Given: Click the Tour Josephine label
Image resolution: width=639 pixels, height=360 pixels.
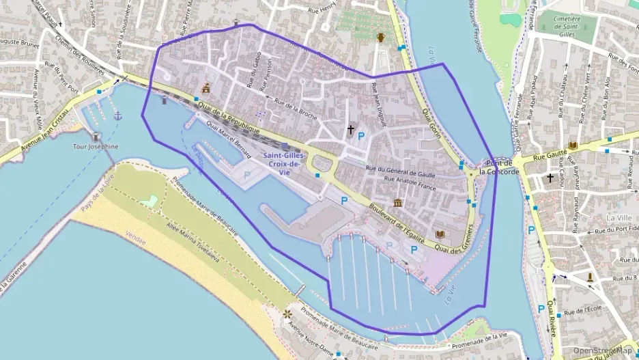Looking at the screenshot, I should coord(96,146).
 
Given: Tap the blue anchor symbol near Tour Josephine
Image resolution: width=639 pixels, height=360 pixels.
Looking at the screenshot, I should coord(117,116).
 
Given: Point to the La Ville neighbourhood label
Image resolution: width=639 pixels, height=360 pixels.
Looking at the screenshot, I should coord(619,217).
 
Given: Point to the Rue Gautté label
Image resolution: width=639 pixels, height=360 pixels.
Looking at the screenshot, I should coord(546,156).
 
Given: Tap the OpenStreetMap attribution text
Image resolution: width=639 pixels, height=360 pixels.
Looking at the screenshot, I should coord(601,350).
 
